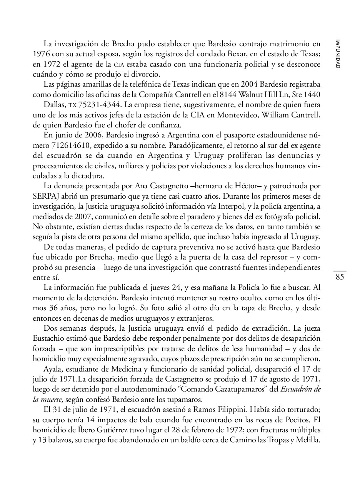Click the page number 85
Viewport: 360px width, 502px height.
(x=340, y=277)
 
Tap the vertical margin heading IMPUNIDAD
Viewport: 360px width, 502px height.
(x=337, y=54)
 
